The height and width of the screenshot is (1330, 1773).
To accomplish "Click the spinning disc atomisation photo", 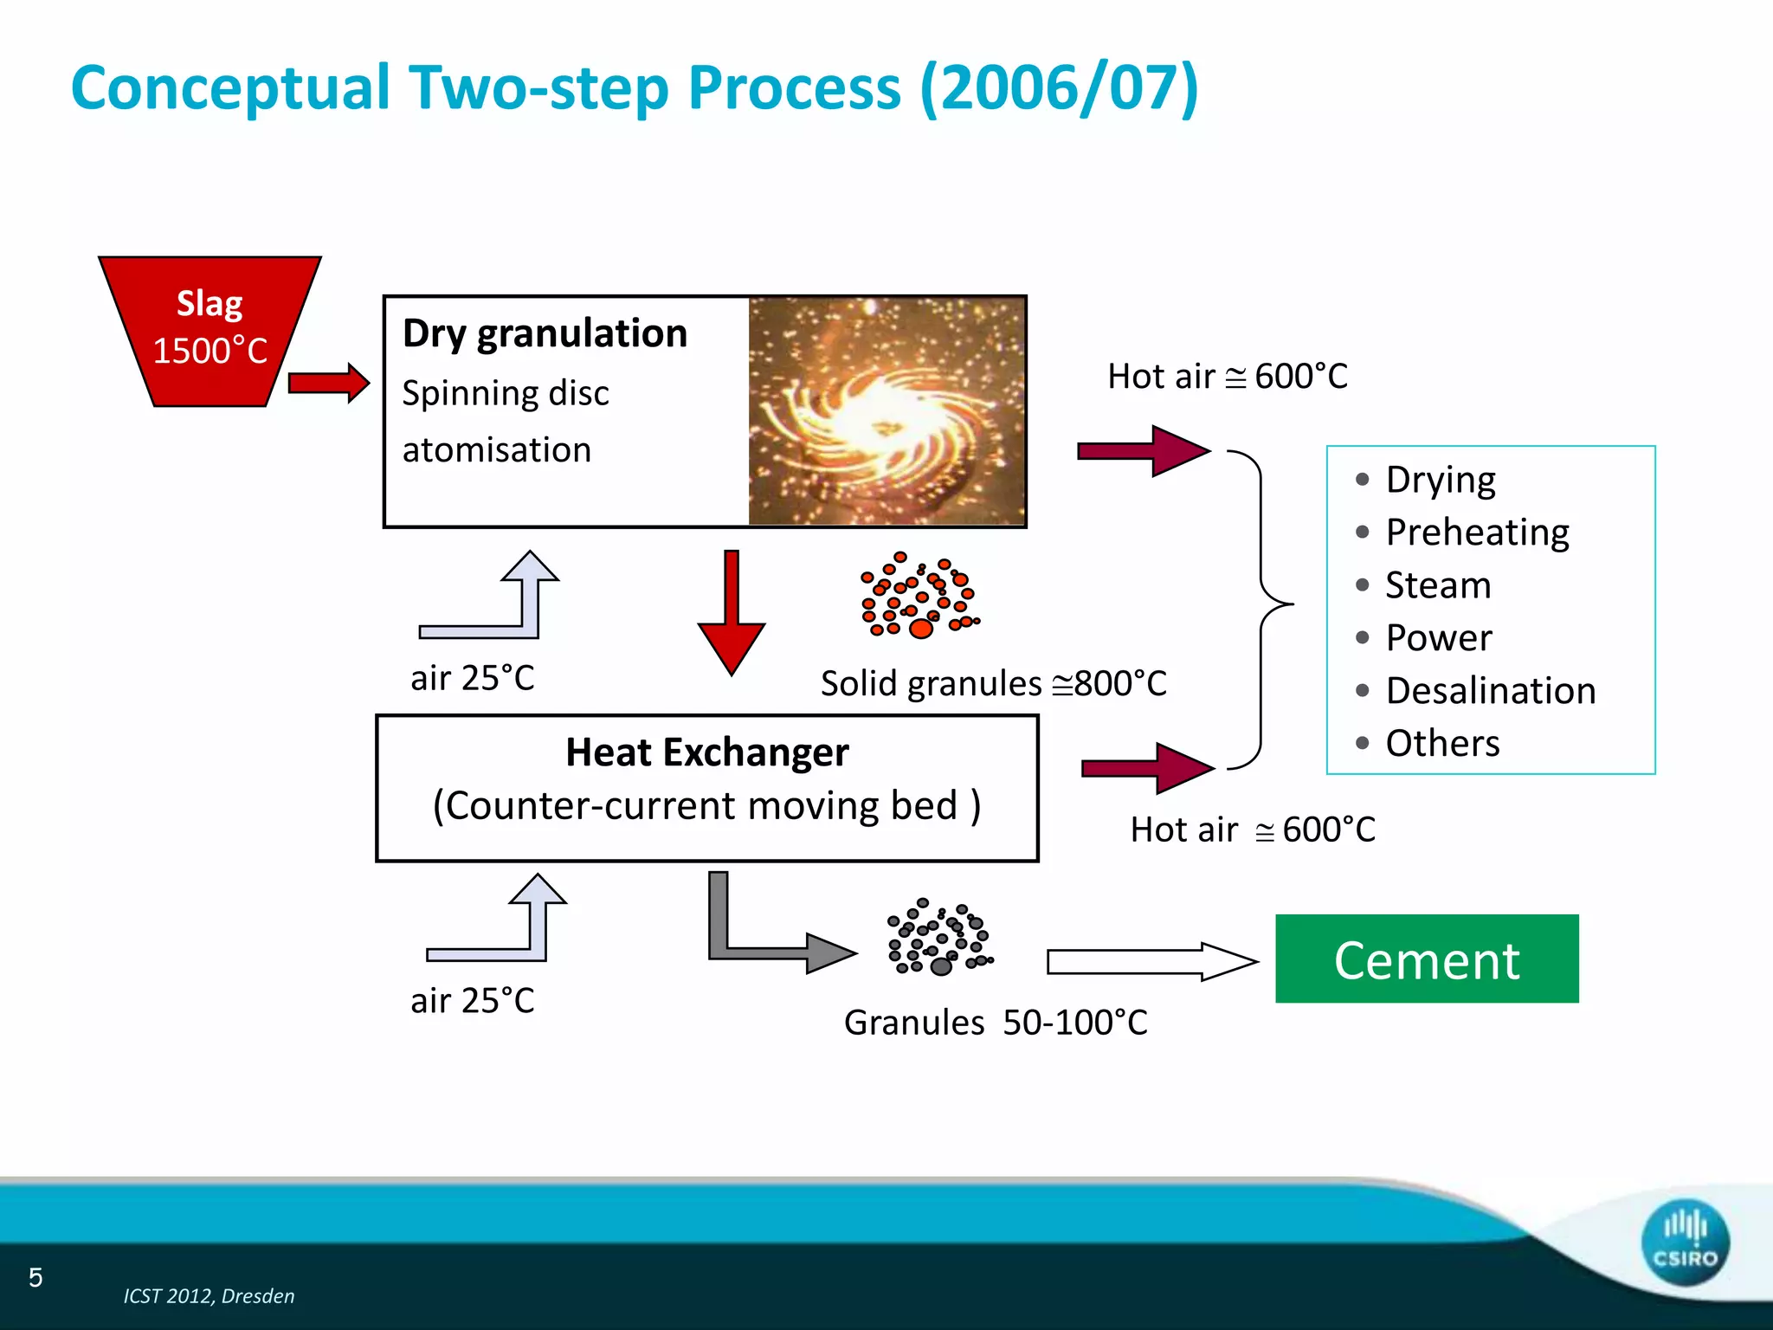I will pyautogui.click(x=886, y=411).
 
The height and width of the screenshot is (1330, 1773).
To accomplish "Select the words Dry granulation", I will pyautogui.click(x=545, y=333).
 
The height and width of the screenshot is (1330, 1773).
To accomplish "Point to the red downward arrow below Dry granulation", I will pyautogui.click(x=732, y=615).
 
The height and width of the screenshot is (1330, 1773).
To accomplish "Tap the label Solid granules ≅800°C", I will pyautogui.click(x=993, y=683).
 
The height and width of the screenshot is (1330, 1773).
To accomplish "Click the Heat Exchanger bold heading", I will pyautogui.click(x=706, y=752).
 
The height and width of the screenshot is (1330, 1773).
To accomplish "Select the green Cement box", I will pyautogui.click(x=1426, y=959).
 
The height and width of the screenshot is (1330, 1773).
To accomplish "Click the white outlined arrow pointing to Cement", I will pyautogui.click(x=1151, y=961).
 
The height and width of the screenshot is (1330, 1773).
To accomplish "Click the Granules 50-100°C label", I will pyautogui.click(x=996, y=1023).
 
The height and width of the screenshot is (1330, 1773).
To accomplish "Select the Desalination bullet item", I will pyautogui.click(x=1490, y=691).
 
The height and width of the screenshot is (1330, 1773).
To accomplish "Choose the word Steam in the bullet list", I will pyautogui.click(x=1438, y=585).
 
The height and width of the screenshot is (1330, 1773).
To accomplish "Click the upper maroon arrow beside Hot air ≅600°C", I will pyautogui.click(x=1143, y=451).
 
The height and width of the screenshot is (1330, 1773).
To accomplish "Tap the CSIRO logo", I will pyautogui.click(x=1684, y=1242).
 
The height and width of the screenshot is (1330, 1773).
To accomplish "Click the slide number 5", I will pyautogui.click(x=35, y=1277).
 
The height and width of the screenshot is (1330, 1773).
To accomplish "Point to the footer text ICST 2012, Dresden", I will pyautogui.click(x=209, y=1295).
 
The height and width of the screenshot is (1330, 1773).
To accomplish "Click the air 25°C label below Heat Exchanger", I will pyautogui.click(x=472, y=1001).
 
